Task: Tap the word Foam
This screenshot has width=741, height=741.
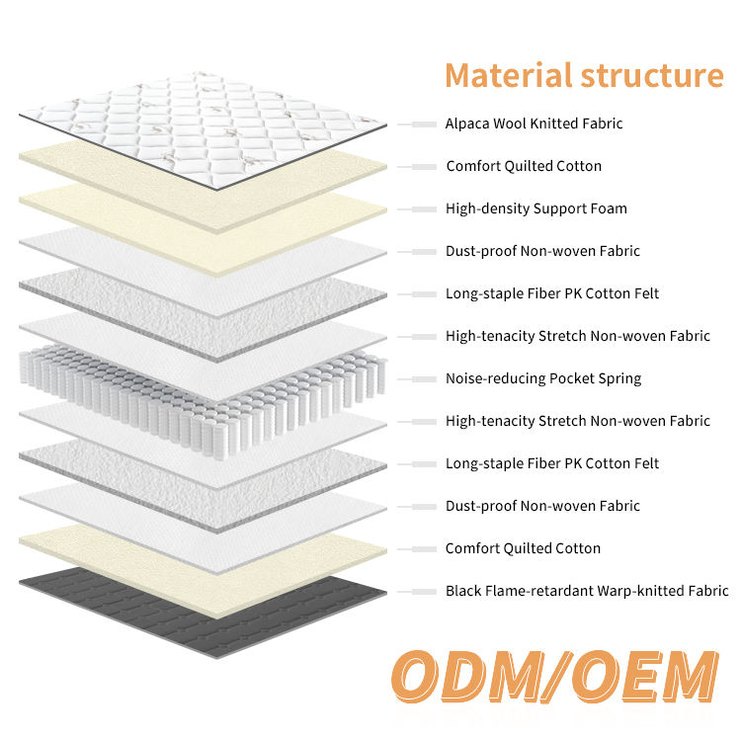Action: [609, 208]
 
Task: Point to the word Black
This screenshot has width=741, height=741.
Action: [463, 591]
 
